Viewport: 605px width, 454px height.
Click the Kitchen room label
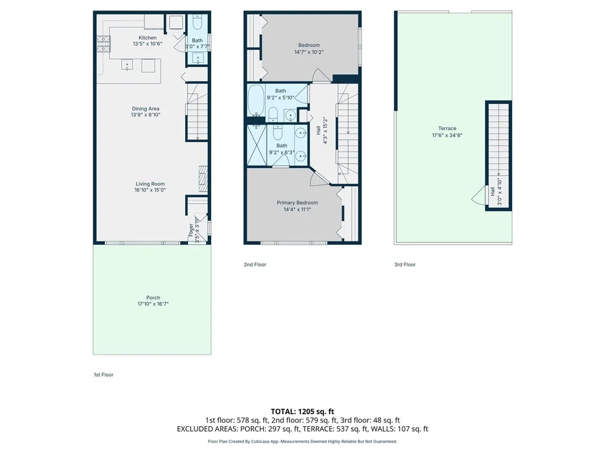(147, 38)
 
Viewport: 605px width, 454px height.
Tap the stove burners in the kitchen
(103, 44)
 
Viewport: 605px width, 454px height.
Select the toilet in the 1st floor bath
(197, 22)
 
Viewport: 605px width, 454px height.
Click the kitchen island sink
(127, 64)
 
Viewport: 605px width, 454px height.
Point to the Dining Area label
(145, 109)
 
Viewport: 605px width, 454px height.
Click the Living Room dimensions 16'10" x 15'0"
(150, 190)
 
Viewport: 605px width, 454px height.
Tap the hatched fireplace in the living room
(203, 179)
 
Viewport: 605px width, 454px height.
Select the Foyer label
(191, 229)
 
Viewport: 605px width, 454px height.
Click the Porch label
(153, 298)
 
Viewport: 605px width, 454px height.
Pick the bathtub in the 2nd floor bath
(256, 101)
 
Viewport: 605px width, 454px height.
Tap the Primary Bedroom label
(297, 203)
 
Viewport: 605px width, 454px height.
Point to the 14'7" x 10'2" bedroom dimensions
(309, 52)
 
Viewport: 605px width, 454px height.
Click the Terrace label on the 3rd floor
(447, 128)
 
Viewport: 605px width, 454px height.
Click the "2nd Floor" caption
(255, 264)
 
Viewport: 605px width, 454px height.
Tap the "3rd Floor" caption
(405, 264)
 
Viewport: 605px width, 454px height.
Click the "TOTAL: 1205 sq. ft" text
(302, 411)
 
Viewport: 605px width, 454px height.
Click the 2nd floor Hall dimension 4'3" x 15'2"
(325, 131)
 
